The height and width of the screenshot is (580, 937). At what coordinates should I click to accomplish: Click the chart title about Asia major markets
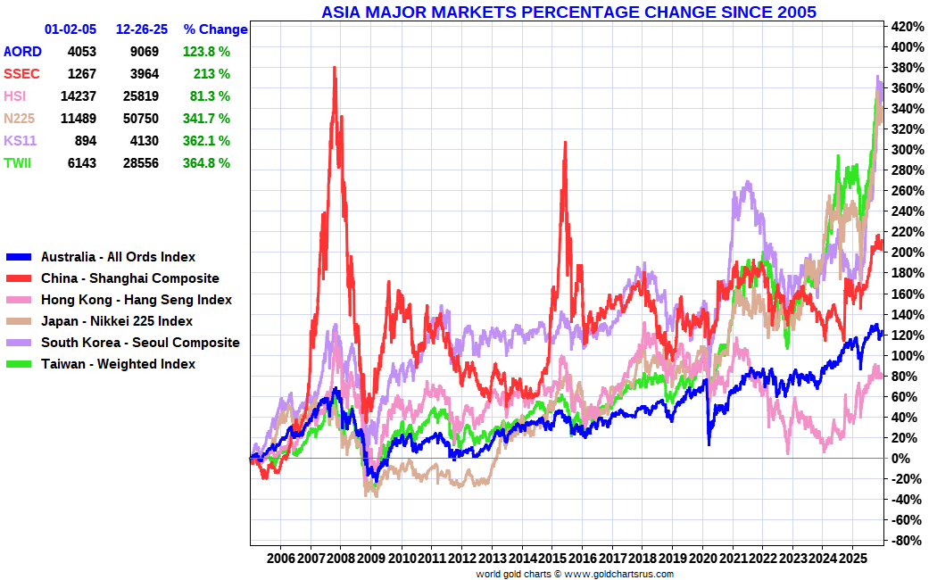coord(568,12)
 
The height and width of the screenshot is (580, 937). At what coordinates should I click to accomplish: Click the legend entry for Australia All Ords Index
coord(118,257)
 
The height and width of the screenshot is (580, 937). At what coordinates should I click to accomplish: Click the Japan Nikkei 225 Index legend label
coord(116,321)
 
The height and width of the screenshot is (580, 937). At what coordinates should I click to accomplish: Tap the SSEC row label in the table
coord(21,74)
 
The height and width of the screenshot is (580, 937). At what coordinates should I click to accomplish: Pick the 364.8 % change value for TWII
coord(206,163)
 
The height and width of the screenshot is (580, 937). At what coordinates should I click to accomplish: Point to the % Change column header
coord(215,29)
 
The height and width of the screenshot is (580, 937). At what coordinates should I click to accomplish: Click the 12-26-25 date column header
coord(142,29)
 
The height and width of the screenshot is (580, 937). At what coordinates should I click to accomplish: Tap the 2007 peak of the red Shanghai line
coord(335,68)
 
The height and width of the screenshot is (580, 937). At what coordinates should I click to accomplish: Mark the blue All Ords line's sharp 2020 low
coord(709,443)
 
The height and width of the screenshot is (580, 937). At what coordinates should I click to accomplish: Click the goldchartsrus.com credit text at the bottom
coord(575,574)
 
